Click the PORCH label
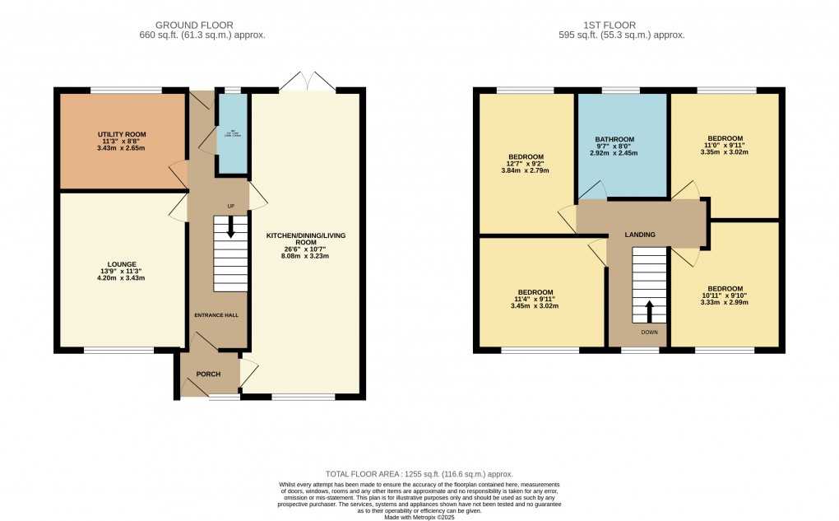point(209,374)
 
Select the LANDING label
point(640,235)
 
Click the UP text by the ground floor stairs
point(231,206)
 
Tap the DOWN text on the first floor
point(649,333)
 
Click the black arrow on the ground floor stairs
point(231,228)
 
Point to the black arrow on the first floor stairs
point(649,311)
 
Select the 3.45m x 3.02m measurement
point(535,306)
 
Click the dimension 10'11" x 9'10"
point(725,295)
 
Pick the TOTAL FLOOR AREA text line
point(419,474)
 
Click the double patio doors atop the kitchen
point(305,81)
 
